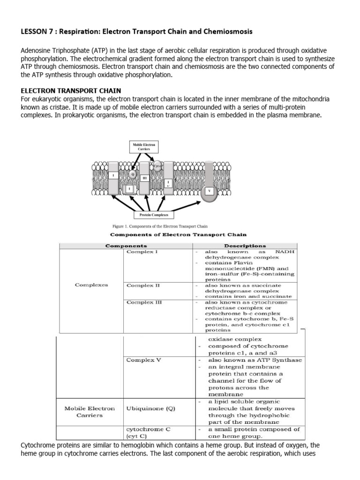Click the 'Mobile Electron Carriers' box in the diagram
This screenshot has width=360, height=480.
[143, 148]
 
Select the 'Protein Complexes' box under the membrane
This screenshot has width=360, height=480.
[150, 215]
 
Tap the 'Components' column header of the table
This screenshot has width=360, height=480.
[126, 245]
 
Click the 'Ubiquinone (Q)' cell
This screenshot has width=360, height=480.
[150, 408]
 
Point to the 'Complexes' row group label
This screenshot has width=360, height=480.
[91, 285]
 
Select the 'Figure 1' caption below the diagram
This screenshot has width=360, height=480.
[157, 226]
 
